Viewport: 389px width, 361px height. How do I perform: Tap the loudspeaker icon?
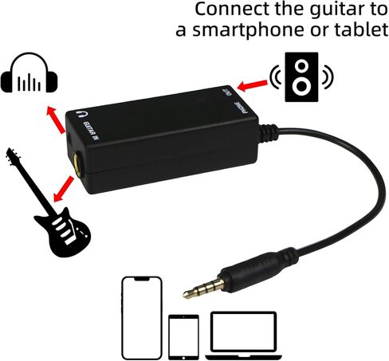tap(301, 77)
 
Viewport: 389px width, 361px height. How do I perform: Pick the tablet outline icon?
tap(183, 337)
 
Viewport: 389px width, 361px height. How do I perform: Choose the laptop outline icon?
tap(244, 335)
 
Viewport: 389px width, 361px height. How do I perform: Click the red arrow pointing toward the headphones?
tap(56, 119)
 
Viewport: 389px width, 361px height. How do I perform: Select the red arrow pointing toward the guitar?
tap(64, 188)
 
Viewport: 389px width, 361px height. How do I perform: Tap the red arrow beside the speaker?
tap(252, 85)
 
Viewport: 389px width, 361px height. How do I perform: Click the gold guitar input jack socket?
tap(78, 163)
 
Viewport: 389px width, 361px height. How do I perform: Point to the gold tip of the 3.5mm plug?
tap(187, 294)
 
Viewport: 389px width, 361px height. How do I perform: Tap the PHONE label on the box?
tap(242, 108)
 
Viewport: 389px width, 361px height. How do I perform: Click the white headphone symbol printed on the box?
tap(83, 114)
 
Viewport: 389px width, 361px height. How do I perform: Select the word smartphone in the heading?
tap(250, 31)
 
